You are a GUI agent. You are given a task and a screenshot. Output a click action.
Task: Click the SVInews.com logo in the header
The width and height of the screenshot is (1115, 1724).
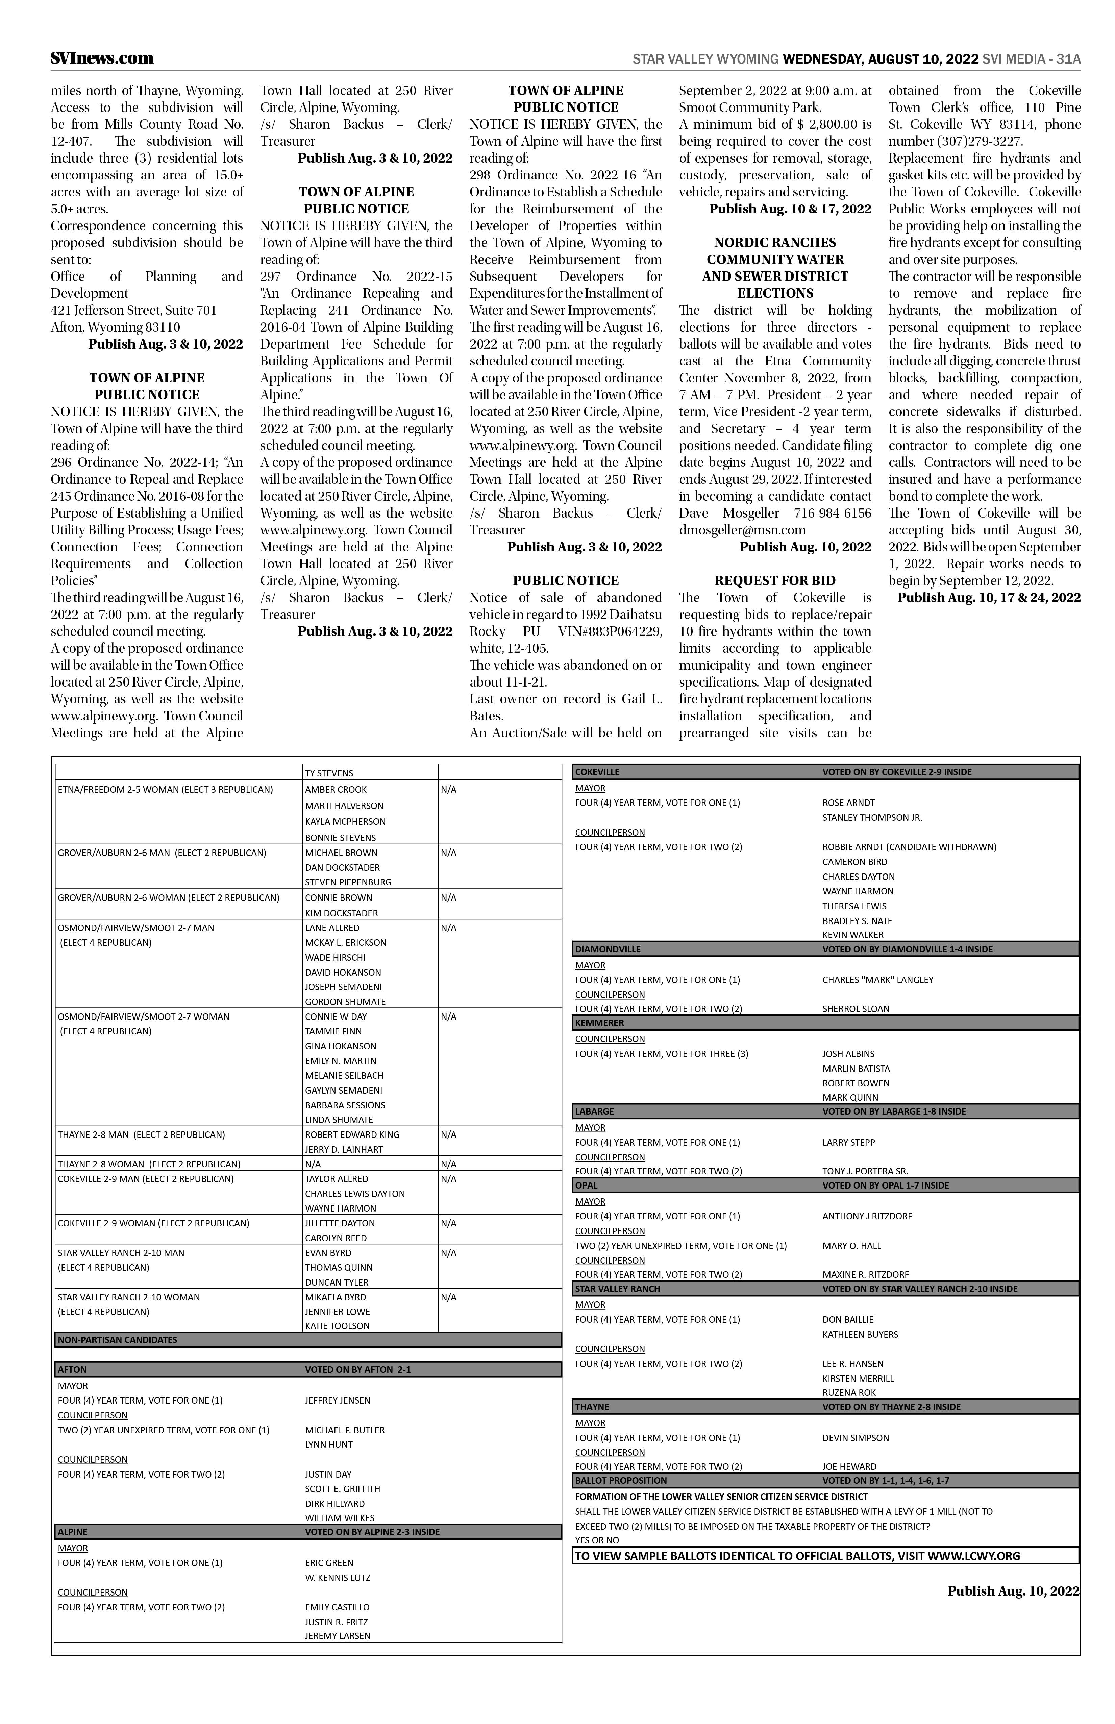coord(102,59)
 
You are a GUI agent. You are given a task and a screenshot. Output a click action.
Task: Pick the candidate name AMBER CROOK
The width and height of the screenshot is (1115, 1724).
coord(336,790)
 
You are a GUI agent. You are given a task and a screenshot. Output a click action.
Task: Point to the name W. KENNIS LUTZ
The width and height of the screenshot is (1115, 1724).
coord(338,1578)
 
